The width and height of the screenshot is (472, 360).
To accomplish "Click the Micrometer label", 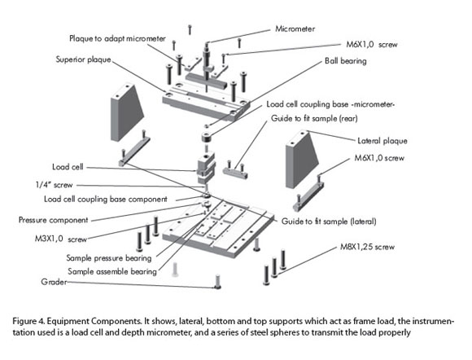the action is point(295,29).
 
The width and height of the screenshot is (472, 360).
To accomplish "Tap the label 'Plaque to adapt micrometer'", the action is point(117,39).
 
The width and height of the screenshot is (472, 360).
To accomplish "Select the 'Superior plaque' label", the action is point(83,59).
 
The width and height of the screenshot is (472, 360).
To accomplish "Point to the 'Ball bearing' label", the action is point(346,61).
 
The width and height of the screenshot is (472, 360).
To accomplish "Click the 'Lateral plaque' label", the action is point(382,141).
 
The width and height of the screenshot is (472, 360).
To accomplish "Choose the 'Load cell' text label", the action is point(68,167).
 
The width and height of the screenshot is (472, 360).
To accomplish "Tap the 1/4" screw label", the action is point(55,185).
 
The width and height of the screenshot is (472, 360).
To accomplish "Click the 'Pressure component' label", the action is point(53,220).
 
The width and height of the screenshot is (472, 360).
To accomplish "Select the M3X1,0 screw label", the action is point(61,239).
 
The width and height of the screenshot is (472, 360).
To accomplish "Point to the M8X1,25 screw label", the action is point(367,247).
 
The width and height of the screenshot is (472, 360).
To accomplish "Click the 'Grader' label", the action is point(54,282).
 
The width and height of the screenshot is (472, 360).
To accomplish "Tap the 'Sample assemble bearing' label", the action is point(112,272).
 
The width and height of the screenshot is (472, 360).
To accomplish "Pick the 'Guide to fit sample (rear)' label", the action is point(314,118).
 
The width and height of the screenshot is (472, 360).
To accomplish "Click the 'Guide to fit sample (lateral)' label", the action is point(329,222).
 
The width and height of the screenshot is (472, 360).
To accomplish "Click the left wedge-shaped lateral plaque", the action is point(126,113).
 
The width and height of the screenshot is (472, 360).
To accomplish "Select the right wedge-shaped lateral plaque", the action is point(301,160).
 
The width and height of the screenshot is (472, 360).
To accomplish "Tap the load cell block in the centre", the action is point(206,168).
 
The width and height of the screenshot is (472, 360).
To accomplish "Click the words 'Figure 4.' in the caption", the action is point(28,321).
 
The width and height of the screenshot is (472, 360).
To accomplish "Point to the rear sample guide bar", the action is point(235,173).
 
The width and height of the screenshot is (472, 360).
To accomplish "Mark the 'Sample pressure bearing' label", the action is point(109,258).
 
